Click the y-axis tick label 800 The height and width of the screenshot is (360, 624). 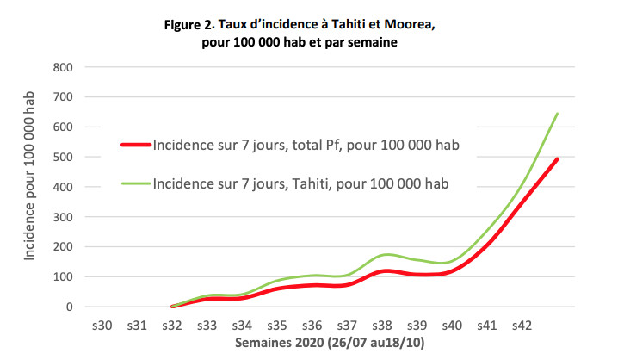click(64, 67)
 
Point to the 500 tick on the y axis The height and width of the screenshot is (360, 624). click(64, 157)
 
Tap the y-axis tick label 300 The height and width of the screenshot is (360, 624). click(64, 217)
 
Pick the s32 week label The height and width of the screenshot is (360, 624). click(172, 326)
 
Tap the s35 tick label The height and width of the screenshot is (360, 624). click(277, 326)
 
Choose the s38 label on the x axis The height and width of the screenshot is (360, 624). click(382, 326)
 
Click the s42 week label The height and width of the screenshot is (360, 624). click(522, 326)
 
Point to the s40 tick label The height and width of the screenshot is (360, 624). click(452, 326)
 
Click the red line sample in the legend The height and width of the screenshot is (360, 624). click(136, 145)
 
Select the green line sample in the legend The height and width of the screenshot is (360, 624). click(136, 183)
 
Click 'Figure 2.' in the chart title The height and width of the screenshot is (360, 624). click(192, 24)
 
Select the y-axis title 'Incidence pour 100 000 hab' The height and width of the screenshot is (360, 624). click(31, 187)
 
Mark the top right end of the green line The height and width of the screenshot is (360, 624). click(558, 114)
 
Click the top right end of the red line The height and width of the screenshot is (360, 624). click(558, 158)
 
